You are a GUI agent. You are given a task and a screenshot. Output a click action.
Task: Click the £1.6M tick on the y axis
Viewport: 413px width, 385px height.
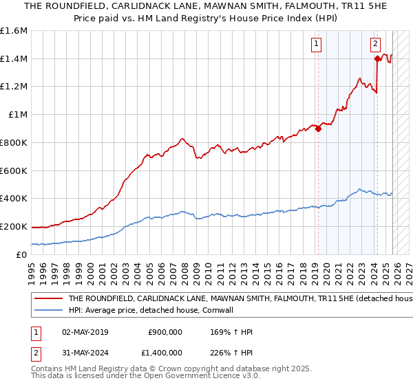point(14,31)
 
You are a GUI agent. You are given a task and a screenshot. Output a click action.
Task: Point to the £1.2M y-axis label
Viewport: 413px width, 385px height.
point(14,87)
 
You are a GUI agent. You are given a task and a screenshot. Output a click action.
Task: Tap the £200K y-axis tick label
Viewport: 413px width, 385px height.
point(14,226)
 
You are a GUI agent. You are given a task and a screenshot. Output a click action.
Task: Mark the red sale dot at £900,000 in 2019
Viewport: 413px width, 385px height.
point(318,129)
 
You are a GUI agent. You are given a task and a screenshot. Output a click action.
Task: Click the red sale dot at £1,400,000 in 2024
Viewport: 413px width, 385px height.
point(377,59)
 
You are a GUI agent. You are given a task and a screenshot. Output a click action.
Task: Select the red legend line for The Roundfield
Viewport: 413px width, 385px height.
point(49,299)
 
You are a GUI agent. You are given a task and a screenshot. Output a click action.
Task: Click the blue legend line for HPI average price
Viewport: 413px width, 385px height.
point(49,311)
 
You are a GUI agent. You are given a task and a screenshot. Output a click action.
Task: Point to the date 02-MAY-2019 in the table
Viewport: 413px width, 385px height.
point(85,332)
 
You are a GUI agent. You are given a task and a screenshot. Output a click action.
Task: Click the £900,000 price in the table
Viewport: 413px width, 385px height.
point(165,332)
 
